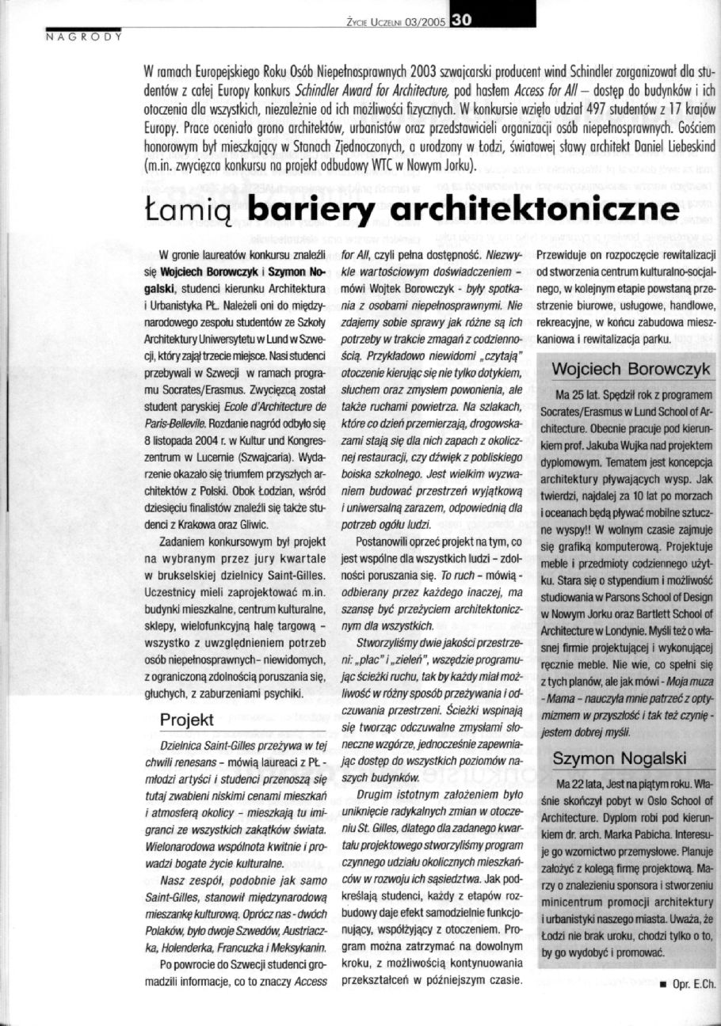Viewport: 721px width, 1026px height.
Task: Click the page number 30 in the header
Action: pos(460,22)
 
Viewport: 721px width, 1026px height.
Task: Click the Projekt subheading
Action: pos(187,720)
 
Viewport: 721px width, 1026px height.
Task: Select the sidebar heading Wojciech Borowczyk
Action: pos(625,369)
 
